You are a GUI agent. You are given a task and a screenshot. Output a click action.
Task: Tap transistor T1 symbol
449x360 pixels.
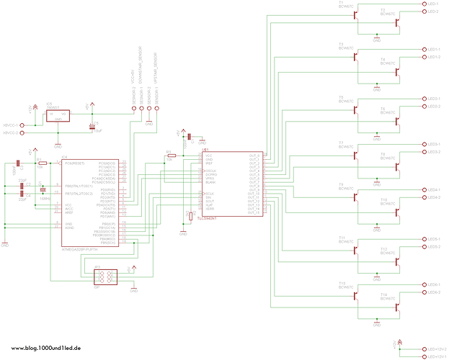click(356, 14)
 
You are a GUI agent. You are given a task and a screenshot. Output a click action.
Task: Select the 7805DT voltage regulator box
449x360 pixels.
click(57, 116)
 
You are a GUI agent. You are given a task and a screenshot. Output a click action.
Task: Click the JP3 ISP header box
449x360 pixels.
click(106, 276)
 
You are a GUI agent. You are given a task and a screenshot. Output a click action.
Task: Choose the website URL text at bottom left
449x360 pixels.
click(45, 348)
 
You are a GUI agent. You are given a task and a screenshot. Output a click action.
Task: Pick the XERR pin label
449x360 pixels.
click(210, 208)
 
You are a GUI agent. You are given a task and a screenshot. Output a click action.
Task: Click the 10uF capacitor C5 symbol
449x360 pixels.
click(92, 126)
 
